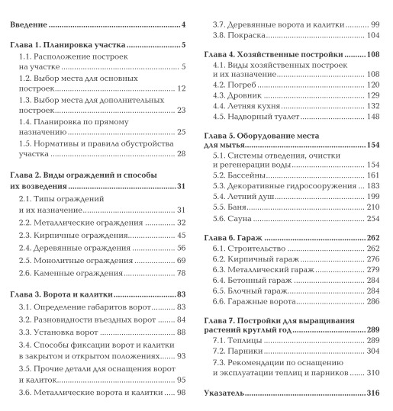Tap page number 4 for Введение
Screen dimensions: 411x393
(185, 26)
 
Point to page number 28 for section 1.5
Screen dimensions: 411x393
(182, 154)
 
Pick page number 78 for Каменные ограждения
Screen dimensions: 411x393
(182, 274)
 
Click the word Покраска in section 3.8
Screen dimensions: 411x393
(246, 35)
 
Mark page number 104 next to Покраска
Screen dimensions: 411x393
(372, 35)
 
